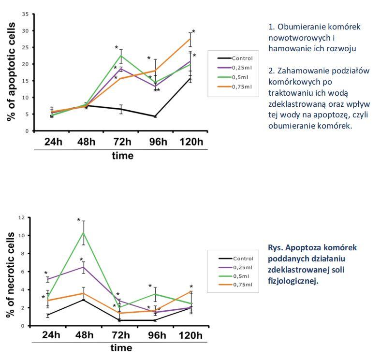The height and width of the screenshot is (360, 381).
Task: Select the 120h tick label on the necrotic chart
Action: tap(191, 336)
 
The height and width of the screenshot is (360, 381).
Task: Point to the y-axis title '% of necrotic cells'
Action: tap(11, 274)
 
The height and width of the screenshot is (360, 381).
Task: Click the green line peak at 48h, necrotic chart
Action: tap(84, 232)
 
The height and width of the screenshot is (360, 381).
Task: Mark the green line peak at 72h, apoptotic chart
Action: tap(121, 56)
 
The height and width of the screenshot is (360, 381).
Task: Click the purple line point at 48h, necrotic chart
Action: tap(84, 267)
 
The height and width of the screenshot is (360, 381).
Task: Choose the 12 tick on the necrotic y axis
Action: tap(21, 217)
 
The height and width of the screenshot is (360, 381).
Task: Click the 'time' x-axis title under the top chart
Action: tap(122, 156)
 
